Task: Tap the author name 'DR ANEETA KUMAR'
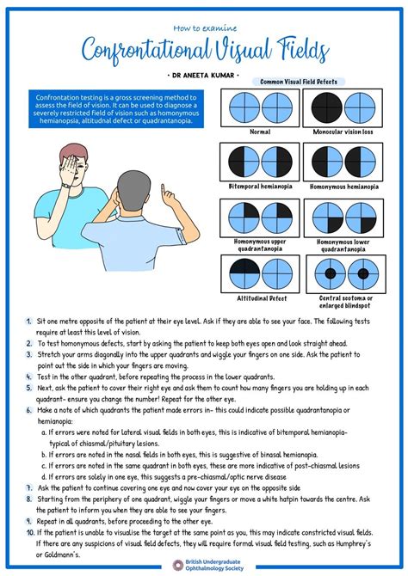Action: pyautogui.click(x=203, y=74)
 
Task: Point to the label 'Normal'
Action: pyautogui.click(x=259, y=132)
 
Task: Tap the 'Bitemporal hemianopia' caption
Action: pyautogui.click(x=259, y=186)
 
